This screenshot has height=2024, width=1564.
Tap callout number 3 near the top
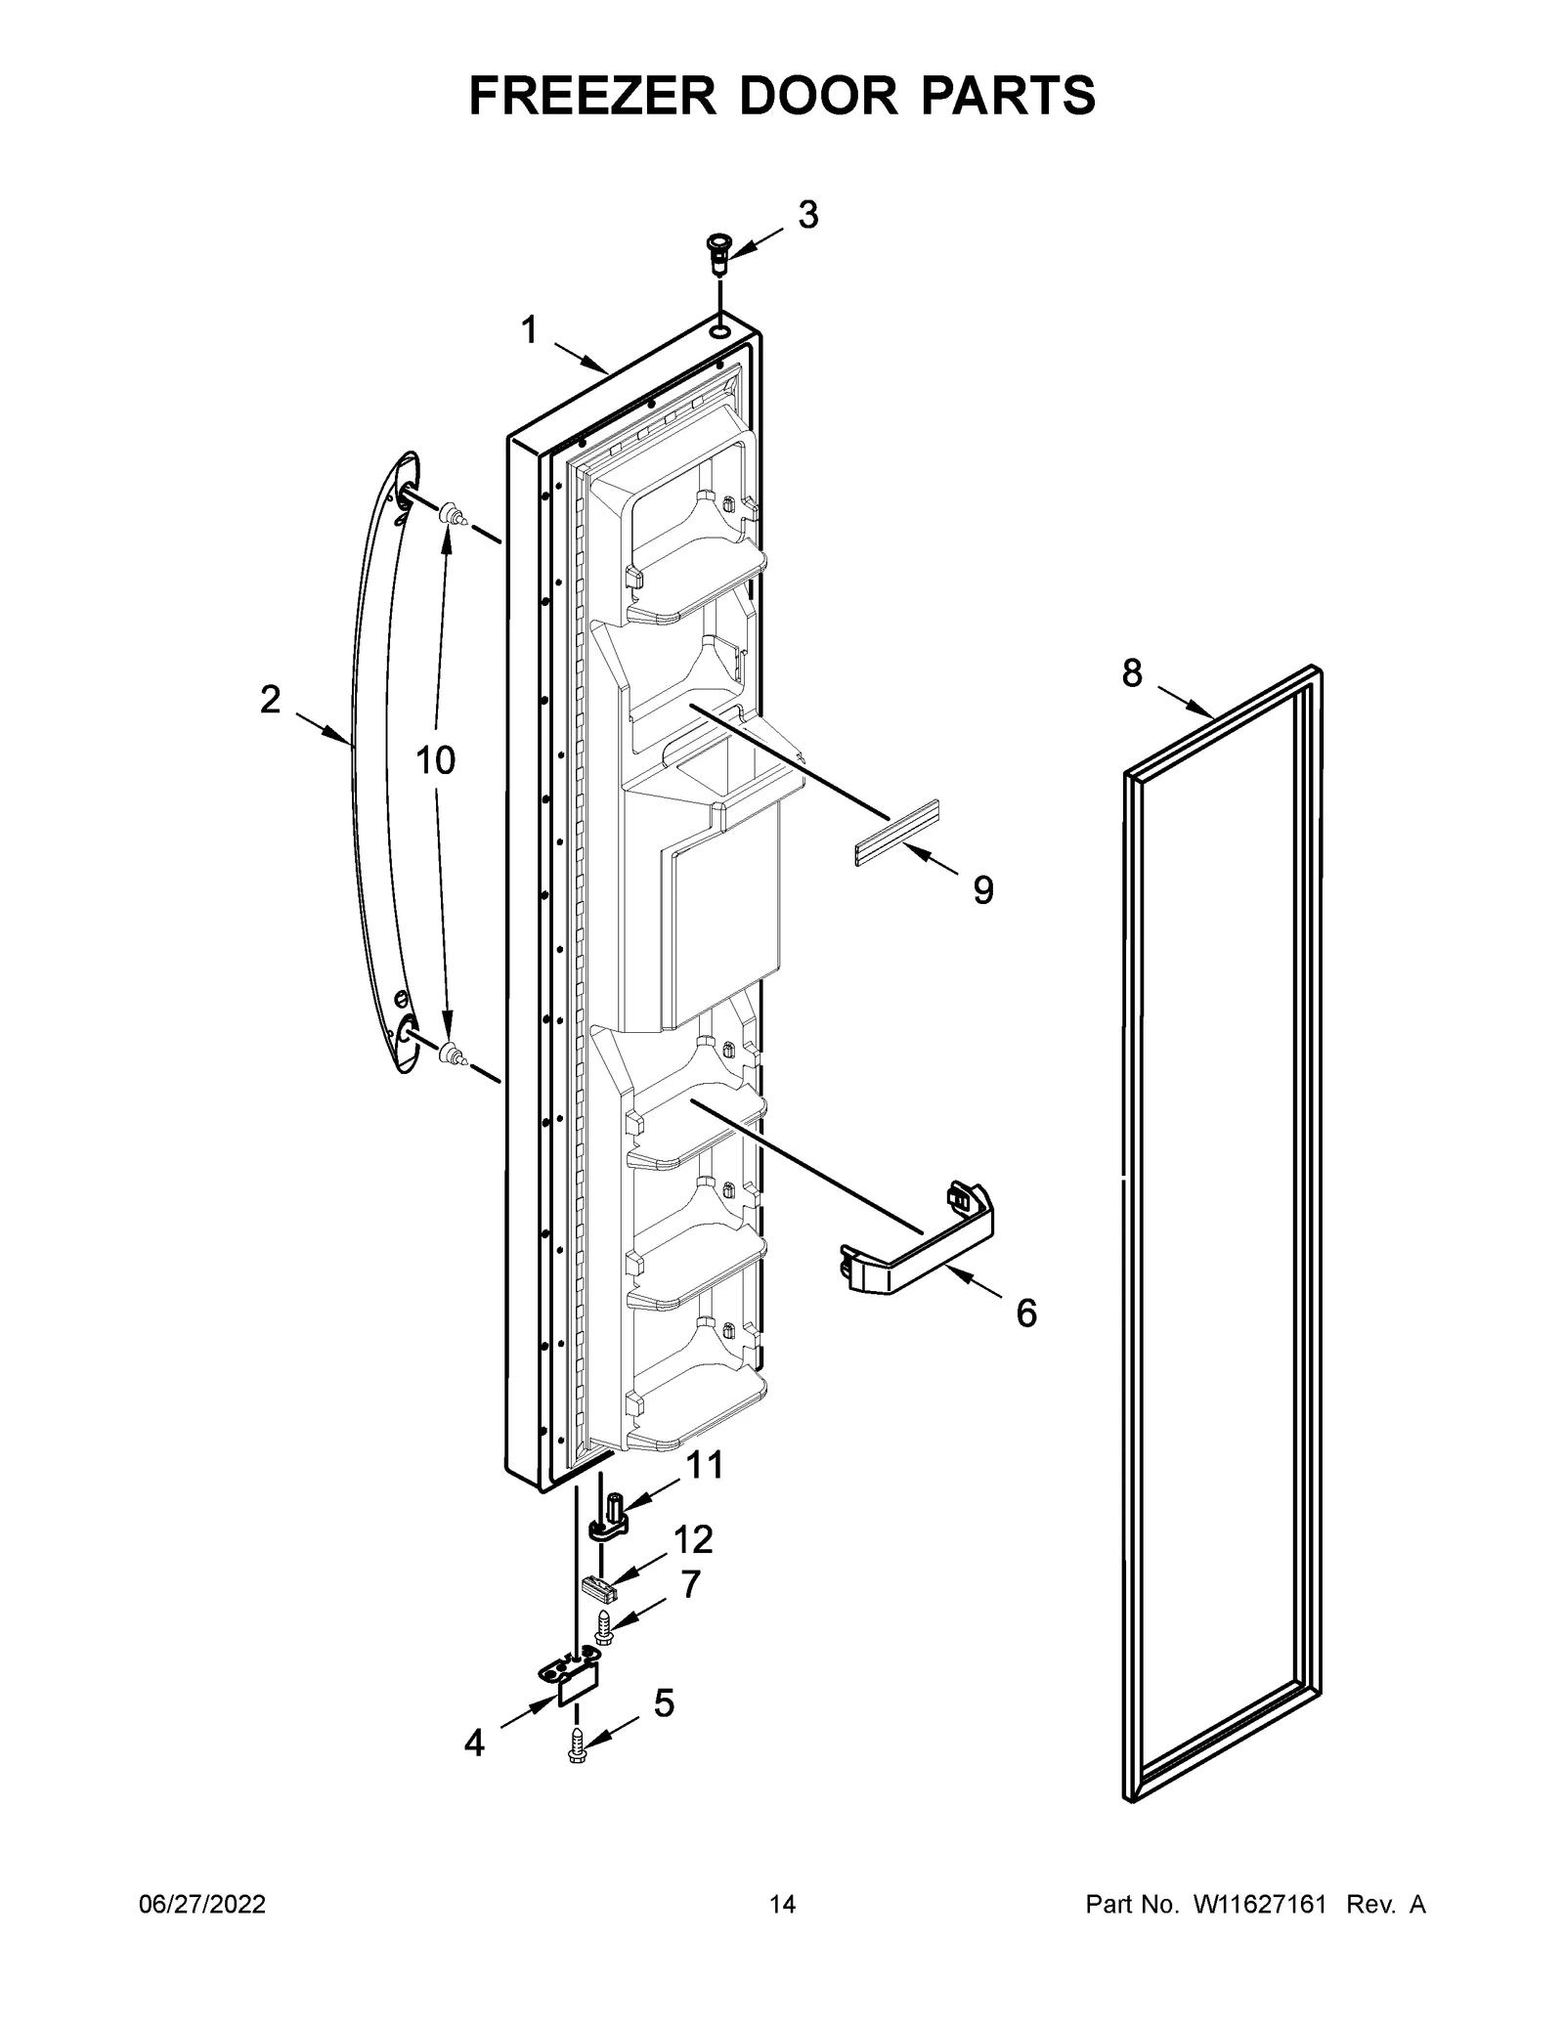point(807,215)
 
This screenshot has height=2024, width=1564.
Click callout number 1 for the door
point(529,331)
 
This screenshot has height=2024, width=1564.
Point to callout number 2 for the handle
point(270,700)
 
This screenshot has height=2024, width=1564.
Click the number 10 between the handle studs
point(436,759)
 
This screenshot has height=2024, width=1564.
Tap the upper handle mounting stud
point(451,512)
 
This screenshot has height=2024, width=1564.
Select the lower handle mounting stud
point(451,1052)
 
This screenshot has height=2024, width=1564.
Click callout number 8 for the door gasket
point(1132,673)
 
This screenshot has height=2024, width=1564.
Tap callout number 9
point(983,889)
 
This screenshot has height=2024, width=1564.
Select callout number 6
point(1025,1313)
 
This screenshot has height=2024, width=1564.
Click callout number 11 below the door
point(704,1492)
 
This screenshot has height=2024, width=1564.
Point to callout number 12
point(693,1567)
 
